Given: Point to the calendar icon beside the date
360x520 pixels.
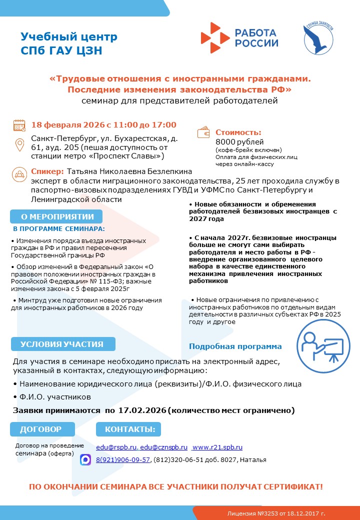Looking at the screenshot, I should tap(19, 125).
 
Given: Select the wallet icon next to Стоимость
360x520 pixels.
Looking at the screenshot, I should tap(204, 133).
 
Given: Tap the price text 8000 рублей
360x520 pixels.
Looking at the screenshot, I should tap(236, 142).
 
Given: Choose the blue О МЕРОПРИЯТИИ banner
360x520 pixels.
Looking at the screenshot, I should tap(56, 216).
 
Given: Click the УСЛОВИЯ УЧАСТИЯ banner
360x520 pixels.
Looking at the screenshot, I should tap(62, 344).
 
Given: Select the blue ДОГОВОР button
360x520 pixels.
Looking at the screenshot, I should tap(41, 429).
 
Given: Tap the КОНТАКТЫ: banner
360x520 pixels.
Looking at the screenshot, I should tap(129, 429).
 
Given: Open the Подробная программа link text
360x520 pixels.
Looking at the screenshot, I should tap(235, 346).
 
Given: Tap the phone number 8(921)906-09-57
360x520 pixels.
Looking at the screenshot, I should tap(123, 459).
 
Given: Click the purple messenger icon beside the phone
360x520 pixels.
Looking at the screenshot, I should tap(85, 459).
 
